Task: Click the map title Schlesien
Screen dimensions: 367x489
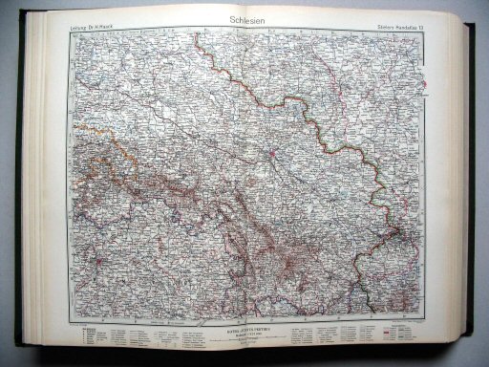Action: [x=244, y=20]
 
